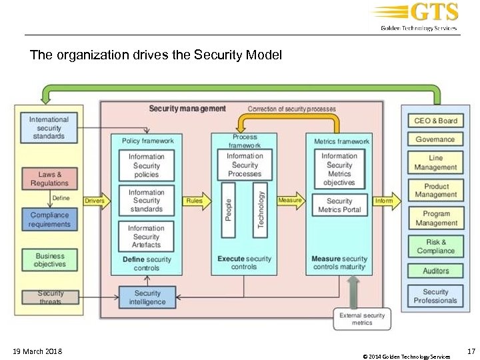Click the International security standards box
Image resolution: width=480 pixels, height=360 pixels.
[49, 128]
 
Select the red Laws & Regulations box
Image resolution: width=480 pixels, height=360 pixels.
[49, 179]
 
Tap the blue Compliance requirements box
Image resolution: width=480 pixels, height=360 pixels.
[49, 220]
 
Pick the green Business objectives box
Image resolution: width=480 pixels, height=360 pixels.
[49, 260]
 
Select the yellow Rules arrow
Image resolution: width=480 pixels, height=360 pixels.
[195, 201]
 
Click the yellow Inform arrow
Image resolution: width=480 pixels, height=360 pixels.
[385, 200]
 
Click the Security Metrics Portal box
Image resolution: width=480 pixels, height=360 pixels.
[339, 205]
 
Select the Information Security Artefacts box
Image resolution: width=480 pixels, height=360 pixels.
[146, 237]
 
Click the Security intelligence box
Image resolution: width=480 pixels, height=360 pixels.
[147, 297]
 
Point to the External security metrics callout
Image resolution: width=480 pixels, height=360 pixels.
[362, 319]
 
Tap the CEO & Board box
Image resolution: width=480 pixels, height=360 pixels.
[435, 121]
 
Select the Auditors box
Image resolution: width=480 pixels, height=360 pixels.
[435, 271]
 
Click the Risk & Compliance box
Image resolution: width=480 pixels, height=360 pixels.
[435, 247]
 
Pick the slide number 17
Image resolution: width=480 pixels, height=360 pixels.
[471, 351]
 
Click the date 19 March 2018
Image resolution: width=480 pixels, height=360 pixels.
[37, 351]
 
